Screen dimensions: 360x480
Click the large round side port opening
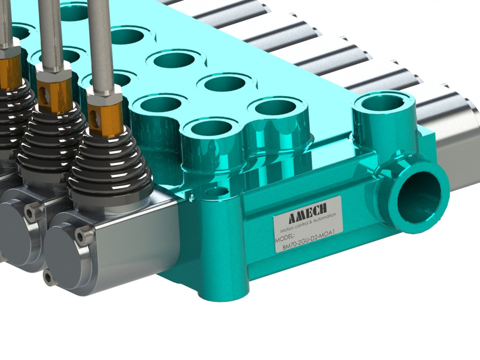coord(420,194)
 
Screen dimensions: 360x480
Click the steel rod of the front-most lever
coord(101,45)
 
